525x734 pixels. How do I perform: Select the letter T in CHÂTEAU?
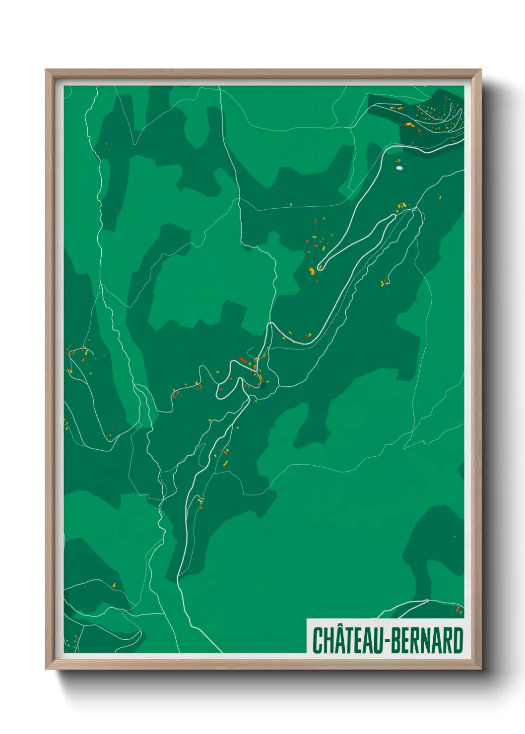351,640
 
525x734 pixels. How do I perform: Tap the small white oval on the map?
399,168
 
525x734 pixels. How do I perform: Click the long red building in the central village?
243,360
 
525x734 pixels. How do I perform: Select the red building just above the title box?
458,608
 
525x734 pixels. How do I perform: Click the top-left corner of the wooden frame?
47,70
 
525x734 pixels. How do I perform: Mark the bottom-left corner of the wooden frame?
47,669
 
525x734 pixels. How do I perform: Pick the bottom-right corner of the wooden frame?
480,669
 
